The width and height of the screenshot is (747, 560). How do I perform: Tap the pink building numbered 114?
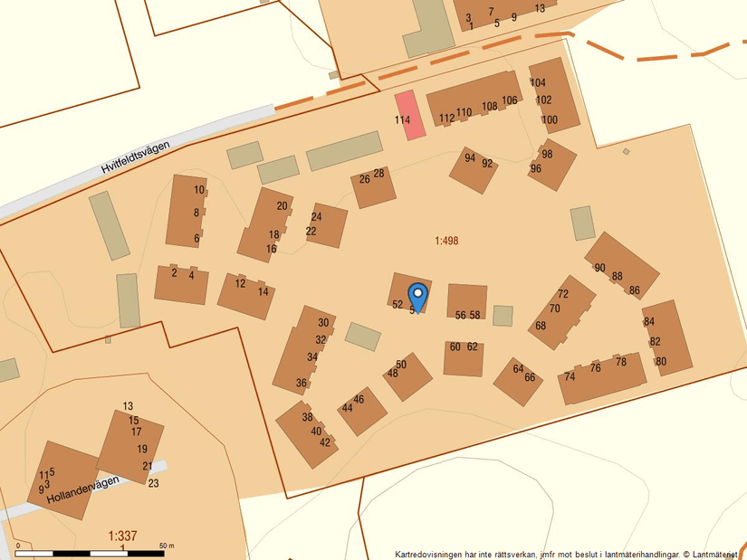410,115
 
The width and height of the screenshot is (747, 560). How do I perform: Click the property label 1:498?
446,241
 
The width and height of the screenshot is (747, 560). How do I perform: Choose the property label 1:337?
122,536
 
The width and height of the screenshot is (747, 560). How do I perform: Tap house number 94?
470,158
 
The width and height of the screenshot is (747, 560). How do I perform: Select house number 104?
538,83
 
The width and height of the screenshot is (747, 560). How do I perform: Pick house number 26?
364,179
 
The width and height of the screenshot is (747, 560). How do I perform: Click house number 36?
302,383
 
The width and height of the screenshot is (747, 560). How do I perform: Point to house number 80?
661,362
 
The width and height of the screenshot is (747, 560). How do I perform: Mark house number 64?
518,369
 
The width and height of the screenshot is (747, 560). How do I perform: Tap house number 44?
347,408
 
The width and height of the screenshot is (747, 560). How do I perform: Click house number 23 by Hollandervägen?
153,484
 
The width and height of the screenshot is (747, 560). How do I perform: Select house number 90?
599,268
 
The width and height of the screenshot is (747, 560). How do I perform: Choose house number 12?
240,284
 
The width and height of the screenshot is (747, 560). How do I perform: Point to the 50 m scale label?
166,546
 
